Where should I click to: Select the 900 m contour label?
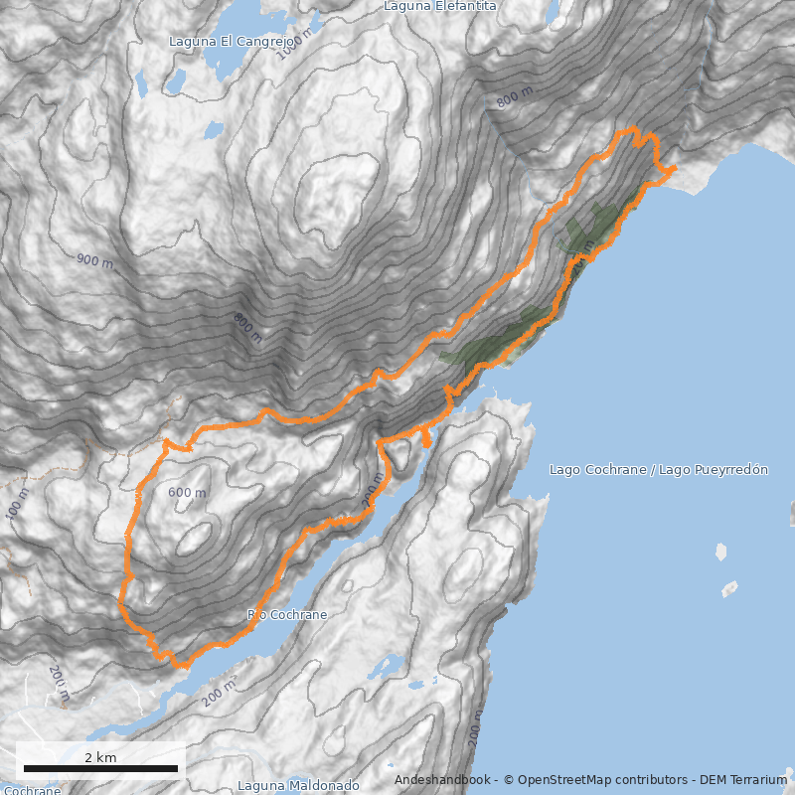(x=95, y=260)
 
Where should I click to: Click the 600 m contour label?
(x=187, y=493)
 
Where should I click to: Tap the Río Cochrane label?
(x=287, y=615)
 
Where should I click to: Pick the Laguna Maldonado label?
(x=298, y=786)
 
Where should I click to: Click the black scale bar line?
(x=100, y=768)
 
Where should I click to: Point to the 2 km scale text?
(x=100, y=757)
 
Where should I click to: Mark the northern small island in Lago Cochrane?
(x=720, y=552)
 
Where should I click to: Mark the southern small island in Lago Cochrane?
(x=729, y=588)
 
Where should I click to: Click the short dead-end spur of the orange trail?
(x=426, y=438)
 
